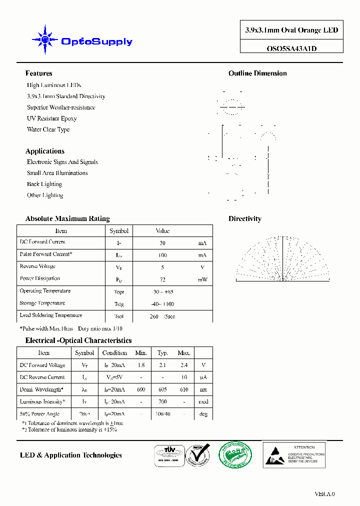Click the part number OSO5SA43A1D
(291, 48)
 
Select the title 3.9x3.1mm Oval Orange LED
(291, 30)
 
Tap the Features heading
(38, 73)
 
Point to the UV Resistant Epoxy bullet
(51, 118)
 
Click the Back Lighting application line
(44, 184)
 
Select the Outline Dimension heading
(257, 73)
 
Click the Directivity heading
(245, 218)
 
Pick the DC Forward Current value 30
(162, 243)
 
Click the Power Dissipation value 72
(162, 279)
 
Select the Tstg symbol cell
(119, 304)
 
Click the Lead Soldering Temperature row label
(50, 315)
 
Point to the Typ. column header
(162, 353)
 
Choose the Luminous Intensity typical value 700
(162, 402)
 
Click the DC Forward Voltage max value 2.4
(184, 365)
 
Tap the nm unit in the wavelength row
(203, 390)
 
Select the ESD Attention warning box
(294, 454)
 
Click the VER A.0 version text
(324, 494)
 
